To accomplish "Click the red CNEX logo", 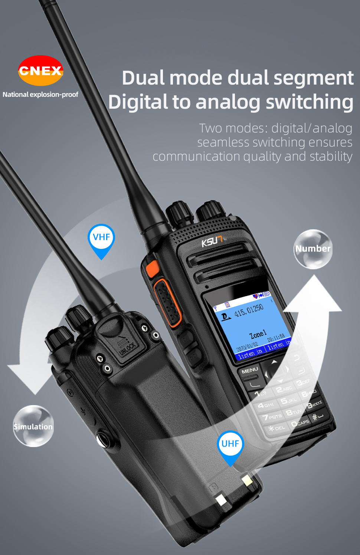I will click(x=40, y=70).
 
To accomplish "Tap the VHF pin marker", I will click(x=101, y=238).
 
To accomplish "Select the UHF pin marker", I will click(x=230, y=444).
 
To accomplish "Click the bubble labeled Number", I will click(x=313, y=249).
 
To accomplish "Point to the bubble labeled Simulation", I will click(x=33, y=426).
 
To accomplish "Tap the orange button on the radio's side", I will click(x=152, y=269).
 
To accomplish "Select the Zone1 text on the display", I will click(x=258, y=335).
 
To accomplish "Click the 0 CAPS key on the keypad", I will click(x=300, y=423).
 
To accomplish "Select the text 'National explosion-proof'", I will click(x=40, y=95).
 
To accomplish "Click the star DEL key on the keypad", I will click(x=276, y=428).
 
